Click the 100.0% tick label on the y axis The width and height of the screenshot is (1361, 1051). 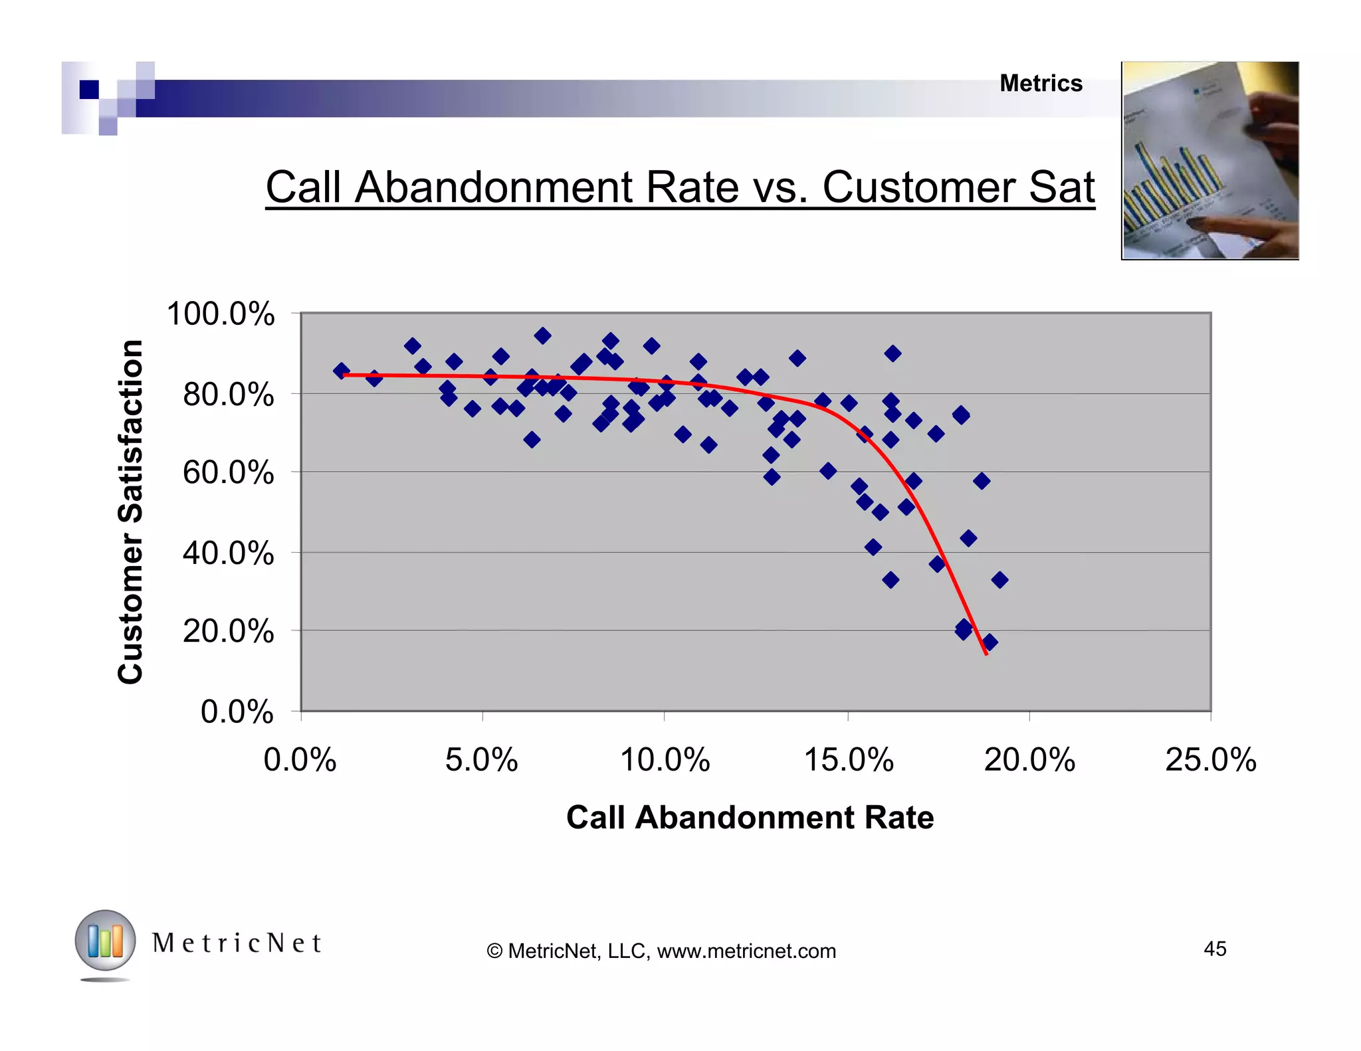click(220, 314)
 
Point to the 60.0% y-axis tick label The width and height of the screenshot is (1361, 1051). click(228, 473)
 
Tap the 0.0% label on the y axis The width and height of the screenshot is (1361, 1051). click(237, 712)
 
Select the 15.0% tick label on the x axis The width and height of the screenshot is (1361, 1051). click(849, 759)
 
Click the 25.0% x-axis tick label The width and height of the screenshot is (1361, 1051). click(1211, 759)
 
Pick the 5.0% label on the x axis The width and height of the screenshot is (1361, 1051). click(481, 759)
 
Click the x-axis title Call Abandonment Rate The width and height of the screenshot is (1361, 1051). click(750, 817)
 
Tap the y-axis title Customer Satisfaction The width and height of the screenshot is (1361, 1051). click(131, 512)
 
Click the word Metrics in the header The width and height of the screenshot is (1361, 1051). click(1041, 84)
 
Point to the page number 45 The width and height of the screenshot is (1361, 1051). click(1215, 949)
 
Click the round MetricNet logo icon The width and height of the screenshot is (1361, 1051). click(105, 941)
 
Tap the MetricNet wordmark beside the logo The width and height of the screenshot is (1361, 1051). click(237, 943)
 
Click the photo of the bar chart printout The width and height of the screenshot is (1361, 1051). click(1209, 161)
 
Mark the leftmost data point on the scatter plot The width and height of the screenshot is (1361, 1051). click(341, 371)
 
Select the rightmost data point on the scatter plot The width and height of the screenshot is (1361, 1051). click(999, 580)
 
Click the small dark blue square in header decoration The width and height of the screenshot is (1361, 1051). click(89, 89)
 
